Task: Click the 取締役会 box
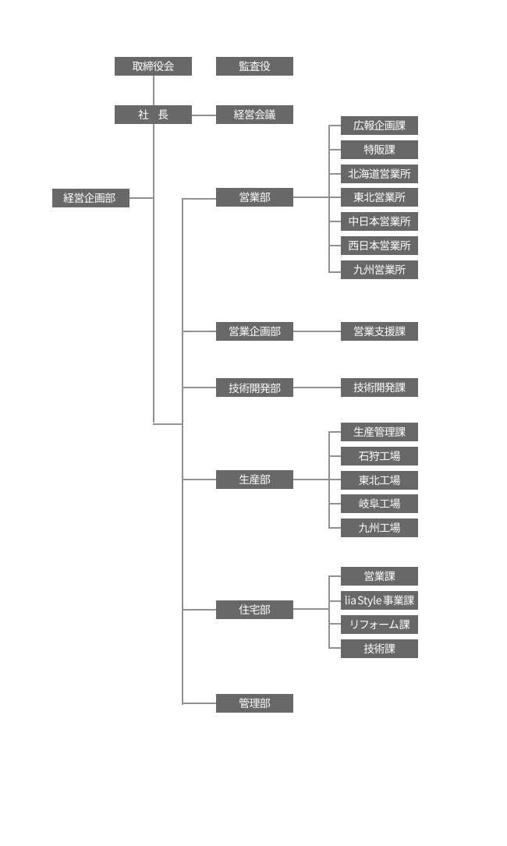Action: click(x=153, y=66)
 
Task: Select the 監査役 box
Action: click(x=254, y=66)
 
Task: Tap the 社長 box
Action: click(x=153, y=115)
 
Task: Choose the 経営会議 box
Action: click(x=254, y=115)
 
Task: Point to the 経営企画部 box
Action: click(x=90, y=198)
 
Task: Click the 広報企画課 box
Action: click(x=379, y=126)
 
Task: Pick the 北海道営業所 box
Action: click(x=379, y=174)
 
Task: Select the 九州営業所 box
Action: click(x=379, y=270)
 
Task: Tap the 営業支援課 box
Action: click(x=379, y=331)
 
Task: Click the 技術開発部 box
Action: click(x=254, y=388)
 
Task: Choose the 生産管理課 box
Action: click(x=379, y=432)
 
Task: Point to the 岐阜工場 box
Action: click(x=379, y=504)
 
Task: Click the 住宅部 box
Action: click(x=254, y=610)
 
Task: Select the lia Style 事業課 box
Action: click(x=379, y=600)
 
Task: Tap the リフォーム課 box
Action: click(x=379, y=625)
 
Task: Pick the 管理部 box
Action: click(x=254, y=703)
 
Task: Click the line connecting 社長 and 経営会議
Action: click(x=204, y=115)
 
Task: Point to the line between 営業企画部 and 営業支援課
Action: click(x=317, y=331)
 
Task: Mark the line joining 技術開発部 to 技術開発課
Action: click(x=317, y=388)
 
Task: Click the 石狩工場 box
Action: click(x=379, y=456)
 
